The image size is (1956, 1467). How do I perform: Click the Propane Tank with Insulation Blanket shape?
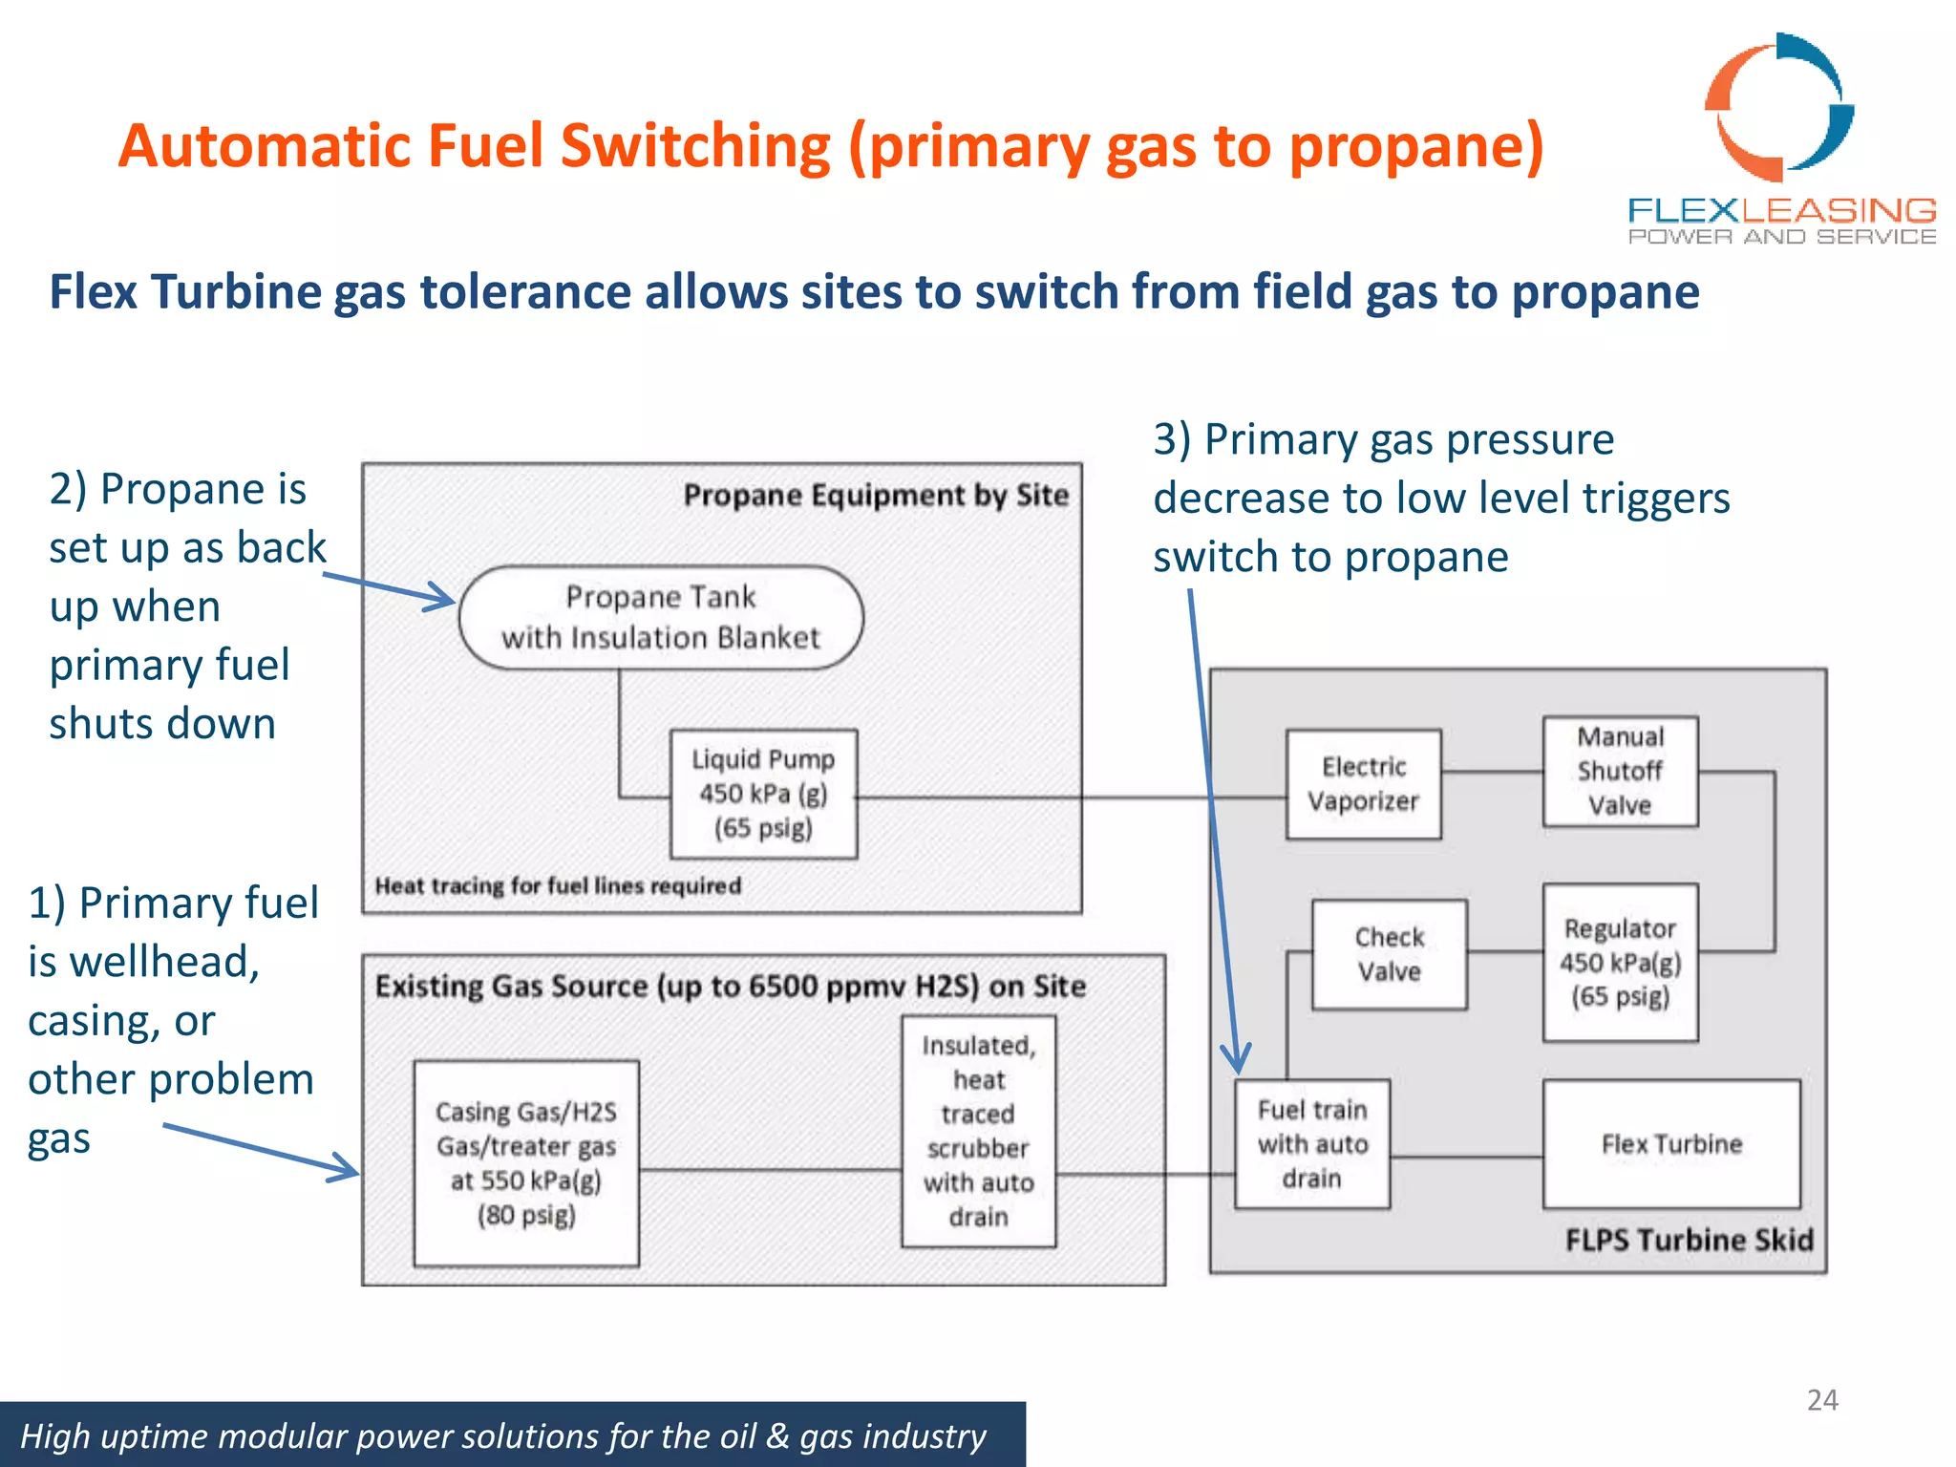[x=661, y=617]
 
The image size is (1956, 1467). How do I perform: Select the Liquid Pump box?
[x=763, y=794]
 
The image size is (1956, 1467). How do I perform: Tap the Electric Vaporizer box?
[x=1363, y=784]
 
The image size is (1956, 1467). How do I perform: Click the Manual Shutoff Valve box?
[x=1620, y=771]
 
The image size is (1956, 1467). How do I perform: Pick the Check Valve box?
[x=1389, y=954]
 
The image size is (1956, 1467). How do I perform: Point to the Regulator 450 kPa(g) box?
[x=1620, y=962]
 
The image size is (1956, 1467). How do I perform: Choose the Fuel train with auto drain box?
[x=1312, y=1144]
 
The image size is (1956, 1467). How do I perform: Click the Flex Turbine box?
[x=1671, y=1144]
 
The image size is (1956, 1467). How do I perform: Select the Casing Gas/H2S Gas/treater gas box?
[x=526, y=1163]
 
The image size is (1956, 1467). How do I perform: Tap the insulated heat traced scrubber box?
[x=979, y=1131]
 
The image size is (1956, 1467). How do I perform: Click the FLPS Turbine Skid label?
[x=1689, y=1240]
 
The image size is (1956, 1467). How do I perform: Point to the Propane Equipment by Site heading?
[x=876, y=495]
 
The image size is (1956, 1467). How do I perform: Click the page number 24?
[x=1822, y=1400]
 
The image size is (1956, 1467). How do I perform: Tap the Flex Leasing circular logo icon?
[x=1779, y=107]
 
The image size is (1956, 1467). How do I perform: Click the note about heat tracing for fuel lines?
[x=558, y=886]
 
